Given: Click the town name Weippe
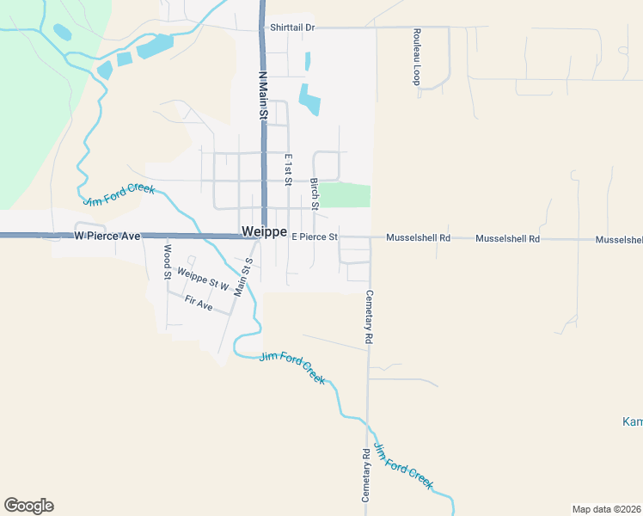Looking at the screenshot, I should click(264, 232).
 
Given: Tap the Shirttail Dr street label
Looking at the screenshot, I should click(292, 28).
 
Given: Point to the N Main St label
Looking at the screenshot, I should click(263, 95).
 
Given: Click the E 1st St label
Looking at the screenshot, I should click(288, 169).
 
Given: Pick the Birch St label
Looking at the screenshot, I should click(315, 193).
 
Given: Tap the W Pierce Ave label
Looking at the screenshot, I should click(107, 235).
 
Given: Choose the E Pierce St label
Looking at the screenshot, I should click(315, 236).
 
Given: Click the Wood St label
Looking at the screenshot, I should click(168, 261).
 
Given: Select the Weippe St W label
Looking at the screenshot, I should click(202, 279).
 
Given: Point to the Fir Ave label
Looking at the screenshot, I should click(199, 302).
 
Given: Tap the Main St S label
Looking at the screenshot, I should click(242, 278).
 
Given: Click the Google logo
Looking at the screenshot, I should click(28, 506).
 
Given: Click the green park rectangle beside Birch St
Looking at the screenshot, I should click(345, 195).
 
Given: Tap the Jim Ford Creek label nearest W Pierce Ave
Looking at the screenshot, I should click(120, 193).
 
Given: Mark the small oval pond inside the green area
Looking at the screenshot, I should click(62, 33).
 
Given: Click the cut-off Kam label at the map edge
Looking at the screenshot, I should click(632, 421).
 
